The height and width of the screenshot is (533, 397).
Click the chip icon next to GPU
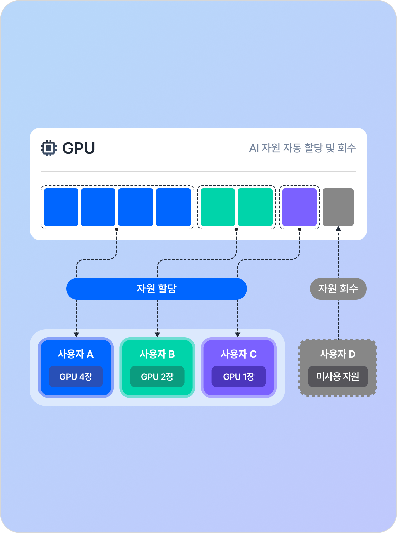(49, 148)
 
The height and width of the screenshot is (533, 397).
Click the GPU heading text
(79, 148)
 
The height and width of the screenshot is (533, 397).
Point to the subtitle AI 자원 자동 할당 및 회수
(302, 148)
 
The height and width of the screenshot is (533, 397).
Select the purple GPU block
(299, 207)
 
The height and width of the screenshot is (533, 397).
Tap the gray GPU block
(338, 207)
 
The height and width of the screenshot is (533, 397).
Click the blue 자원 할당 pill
(157, 289)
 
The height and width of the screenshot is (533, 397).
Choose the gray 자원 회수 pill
(338, 289)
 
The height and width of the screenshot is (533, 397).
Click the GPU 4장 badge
(76, 376)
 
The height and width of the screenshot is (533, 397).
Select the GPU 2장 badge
(157, 376)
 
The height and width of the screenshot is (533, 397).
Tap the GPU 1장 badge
(239, 376)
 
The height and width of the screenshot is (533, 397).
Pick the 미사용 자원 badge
(338, 376)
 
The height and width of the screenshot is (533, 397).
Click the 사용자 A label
(76, 354)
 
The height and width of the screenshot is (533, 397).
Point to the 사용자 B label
(157, 354)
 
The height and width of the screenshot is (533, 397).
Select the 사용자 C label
(239, 354)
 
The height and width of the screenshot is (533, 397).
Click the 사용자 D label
(338, 354)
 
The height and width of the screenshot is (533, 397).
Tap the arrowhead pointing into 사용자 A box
(76, 335)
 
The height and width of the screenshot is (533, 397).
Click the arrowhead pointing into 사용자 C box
(238, 335)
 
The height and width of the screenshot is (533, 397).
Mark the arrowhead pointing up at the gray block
(338, 228)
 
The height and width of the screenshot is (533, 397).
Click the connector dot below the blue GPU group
(117, 229)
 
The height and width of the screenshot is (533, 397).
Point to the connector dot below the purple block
(300, 229)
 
